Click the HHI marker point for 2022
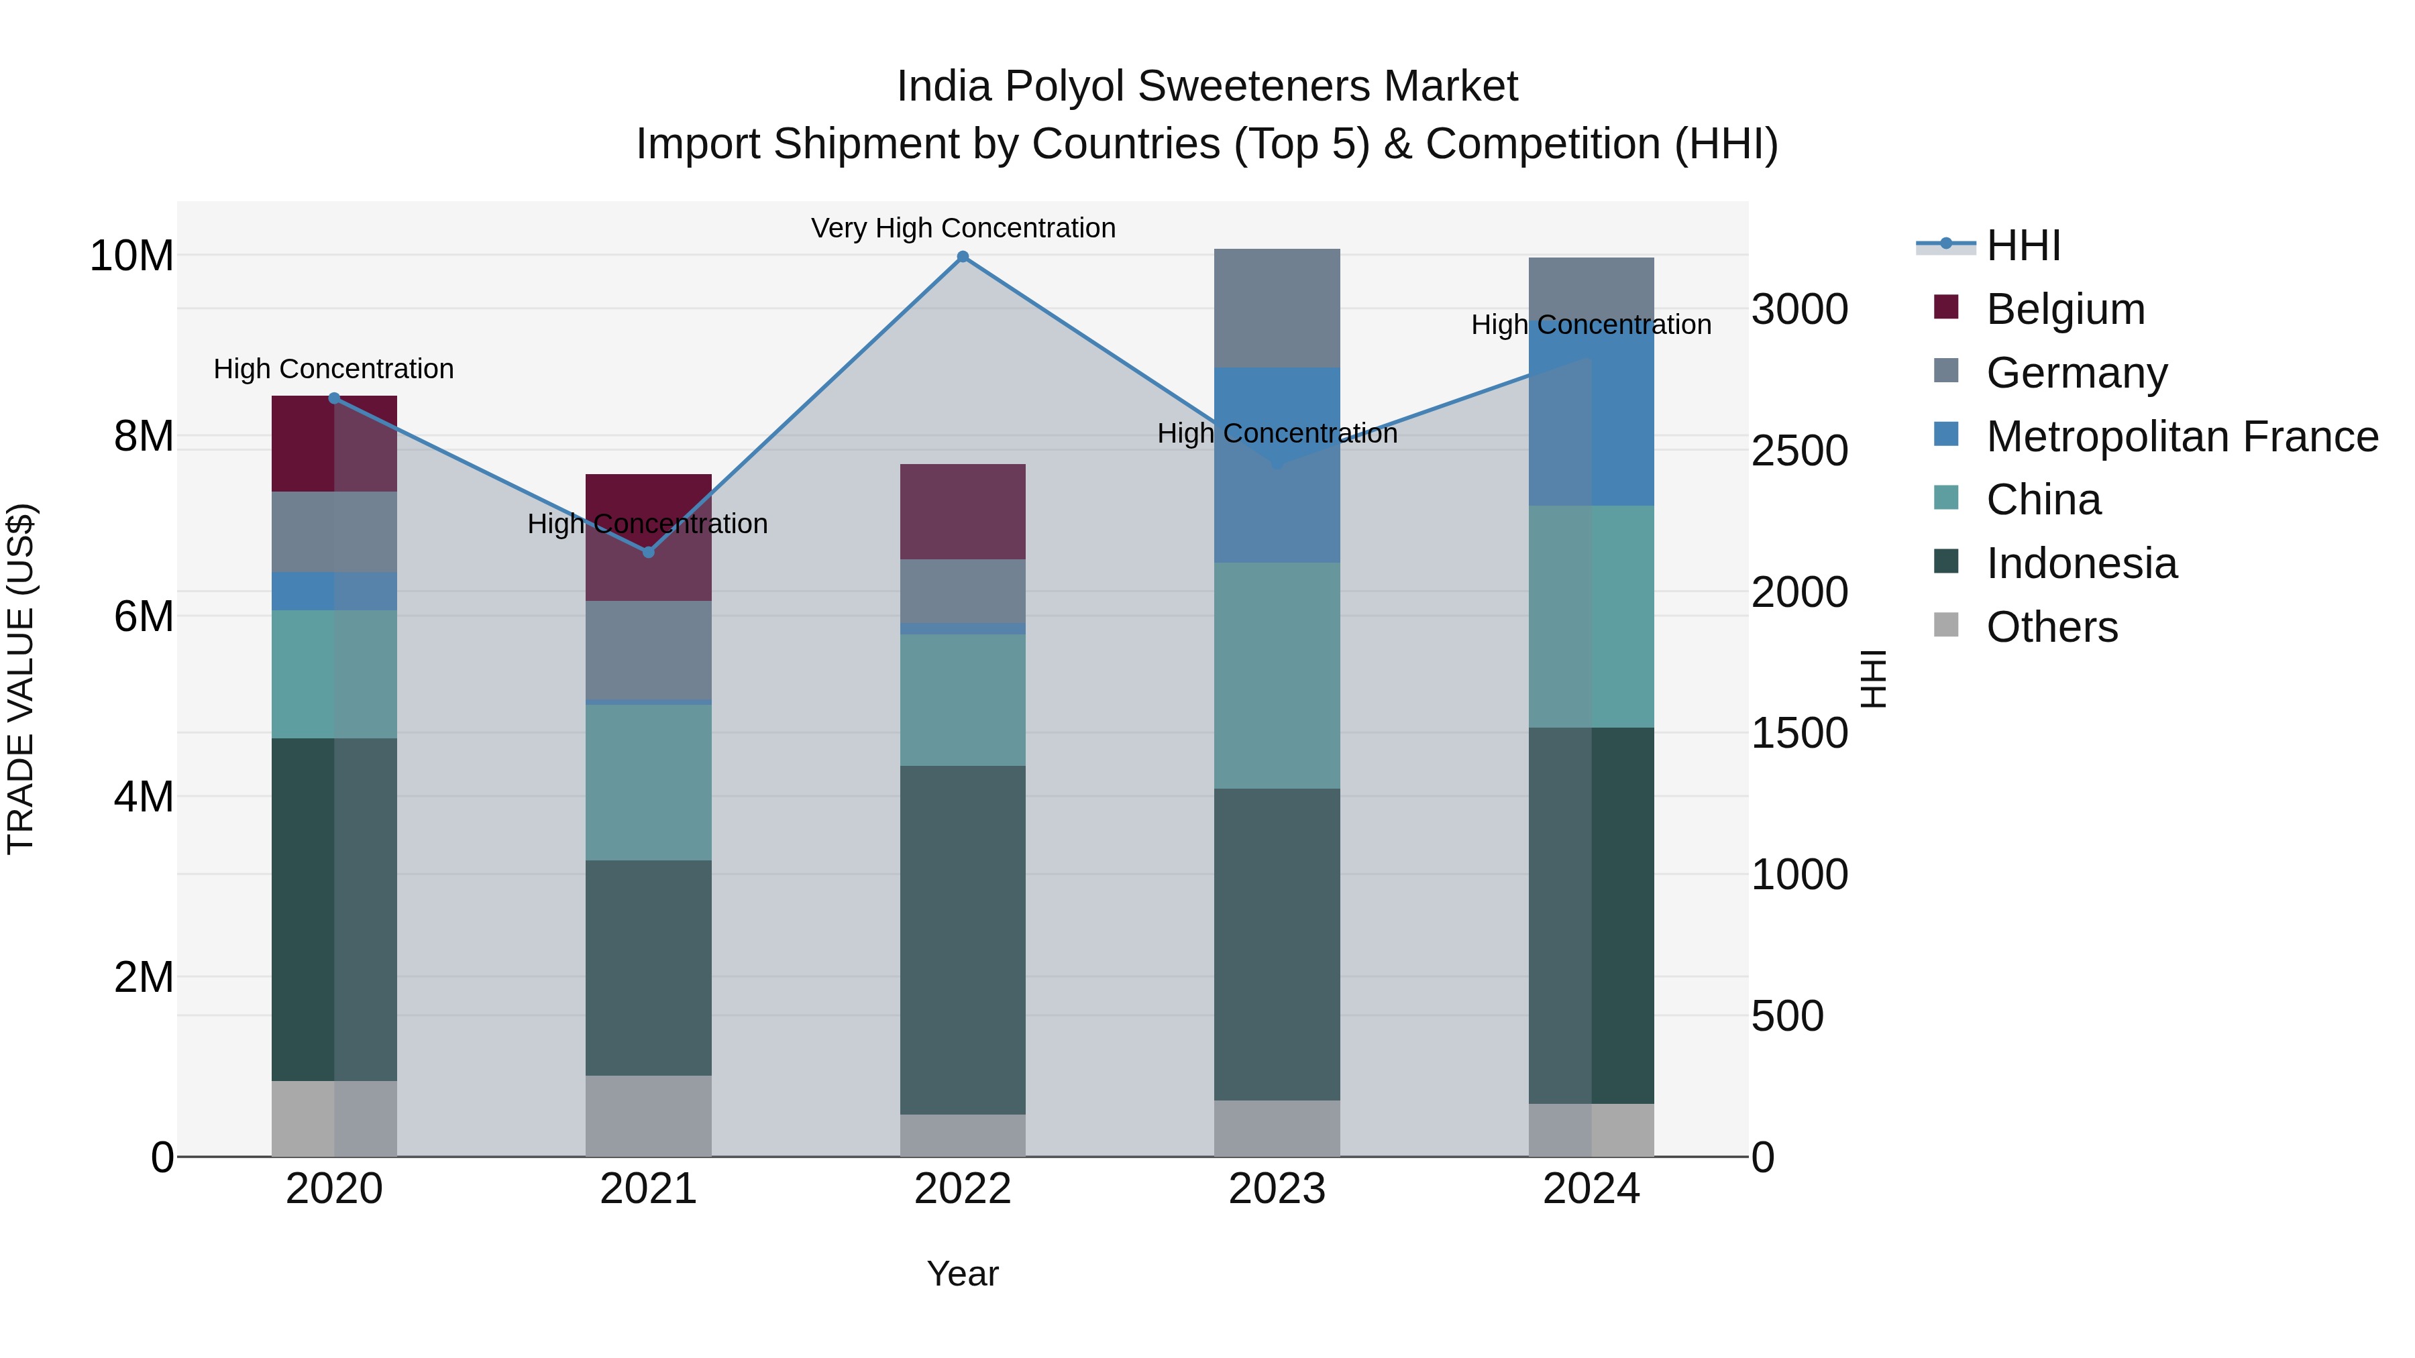point(962,257)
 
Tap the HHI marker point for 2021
point(648,552)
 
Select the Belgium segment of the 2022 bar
point(962,512)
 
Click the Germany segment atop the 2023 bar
point(1276,308)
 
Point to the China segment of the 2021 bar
point(648,783)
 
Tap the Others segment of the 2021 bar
point(648,1115)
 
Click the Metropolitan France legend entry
point(2181,437)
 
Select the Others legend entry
point(2051,627)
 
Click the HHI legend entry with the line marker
point(2023,245)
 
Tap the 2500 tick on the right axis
point(1799,451)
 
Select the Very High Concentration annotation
point(963,228)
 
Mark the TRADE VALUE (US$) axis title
point(21,679)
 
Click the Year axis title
point(962,1274)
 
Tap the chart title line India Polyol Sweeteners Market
point(1207,87)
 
